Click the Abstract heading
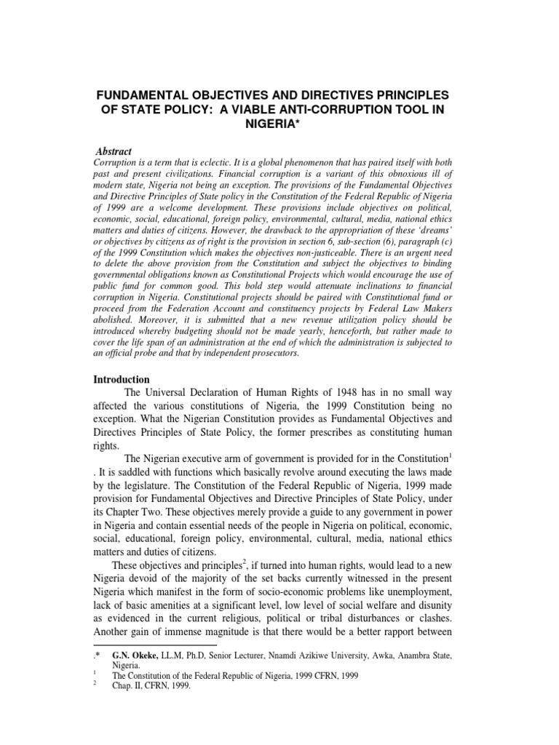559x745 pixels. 116,151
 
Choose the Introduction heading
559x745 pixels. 122,380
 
